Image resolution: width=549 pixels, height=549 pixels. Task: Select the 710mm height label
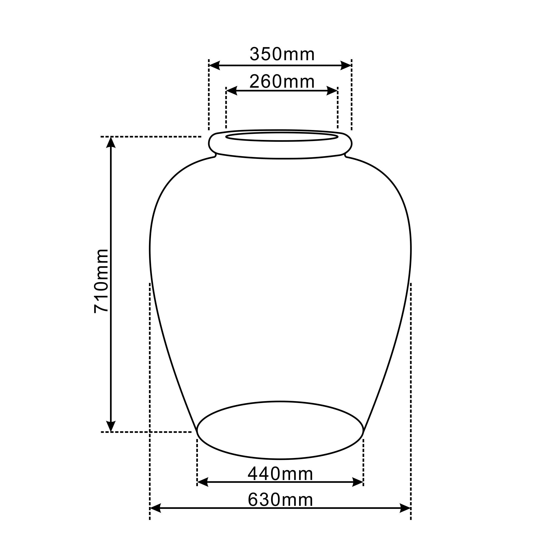tap(101, 281)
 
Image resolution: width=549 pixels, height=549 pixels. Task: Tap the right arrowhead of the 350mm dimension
tap(346, 65)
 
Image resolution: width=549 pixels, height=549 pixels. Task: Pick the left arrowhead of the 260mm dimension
tap(231, 91)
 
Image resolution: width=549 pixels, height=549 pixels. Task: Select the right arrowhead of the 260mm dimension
tap(332, 91)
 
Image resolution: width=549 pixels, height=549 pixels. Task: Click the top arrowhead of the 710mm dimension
tap(111, 142)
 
